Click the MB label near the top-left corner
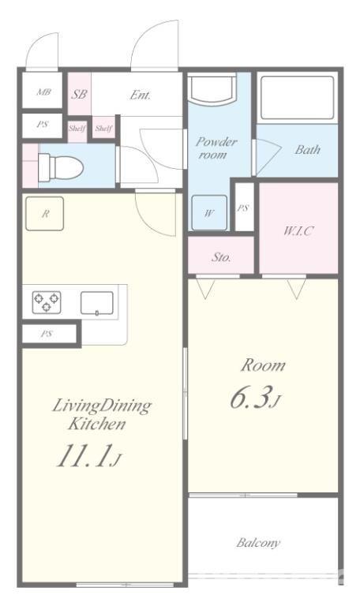[x=43, y=92]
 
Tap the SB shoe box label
[x=79, y=94]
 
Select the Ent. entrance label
[x=140, y=95]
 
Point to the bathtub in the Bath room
[x=297, y=97]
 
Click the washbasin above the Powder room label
[x=212, y=88]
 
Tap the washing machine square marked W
[x=209, y=212]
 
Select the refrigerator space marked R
[x=45, y=214]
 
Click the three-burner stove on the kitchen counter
[x=47, y=302]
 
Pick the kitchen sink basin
[x=96, y=303]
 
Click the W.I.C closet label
[x=298, y=230]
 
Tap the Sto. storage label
[x=221, y=257]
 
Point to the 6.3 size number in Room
[x=249, y=398]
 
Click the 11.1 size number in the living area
[x=84, y=455]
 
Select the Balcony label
[x=258, y=543]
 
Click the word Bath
[x=307, y=150]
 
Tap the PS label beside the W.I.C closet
[x=243, y=208]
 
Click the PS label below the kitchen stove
[x=47, y=334]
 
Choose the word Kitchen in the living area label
[x=97, y=424]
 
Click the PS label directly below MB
[x=43, y=125]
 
